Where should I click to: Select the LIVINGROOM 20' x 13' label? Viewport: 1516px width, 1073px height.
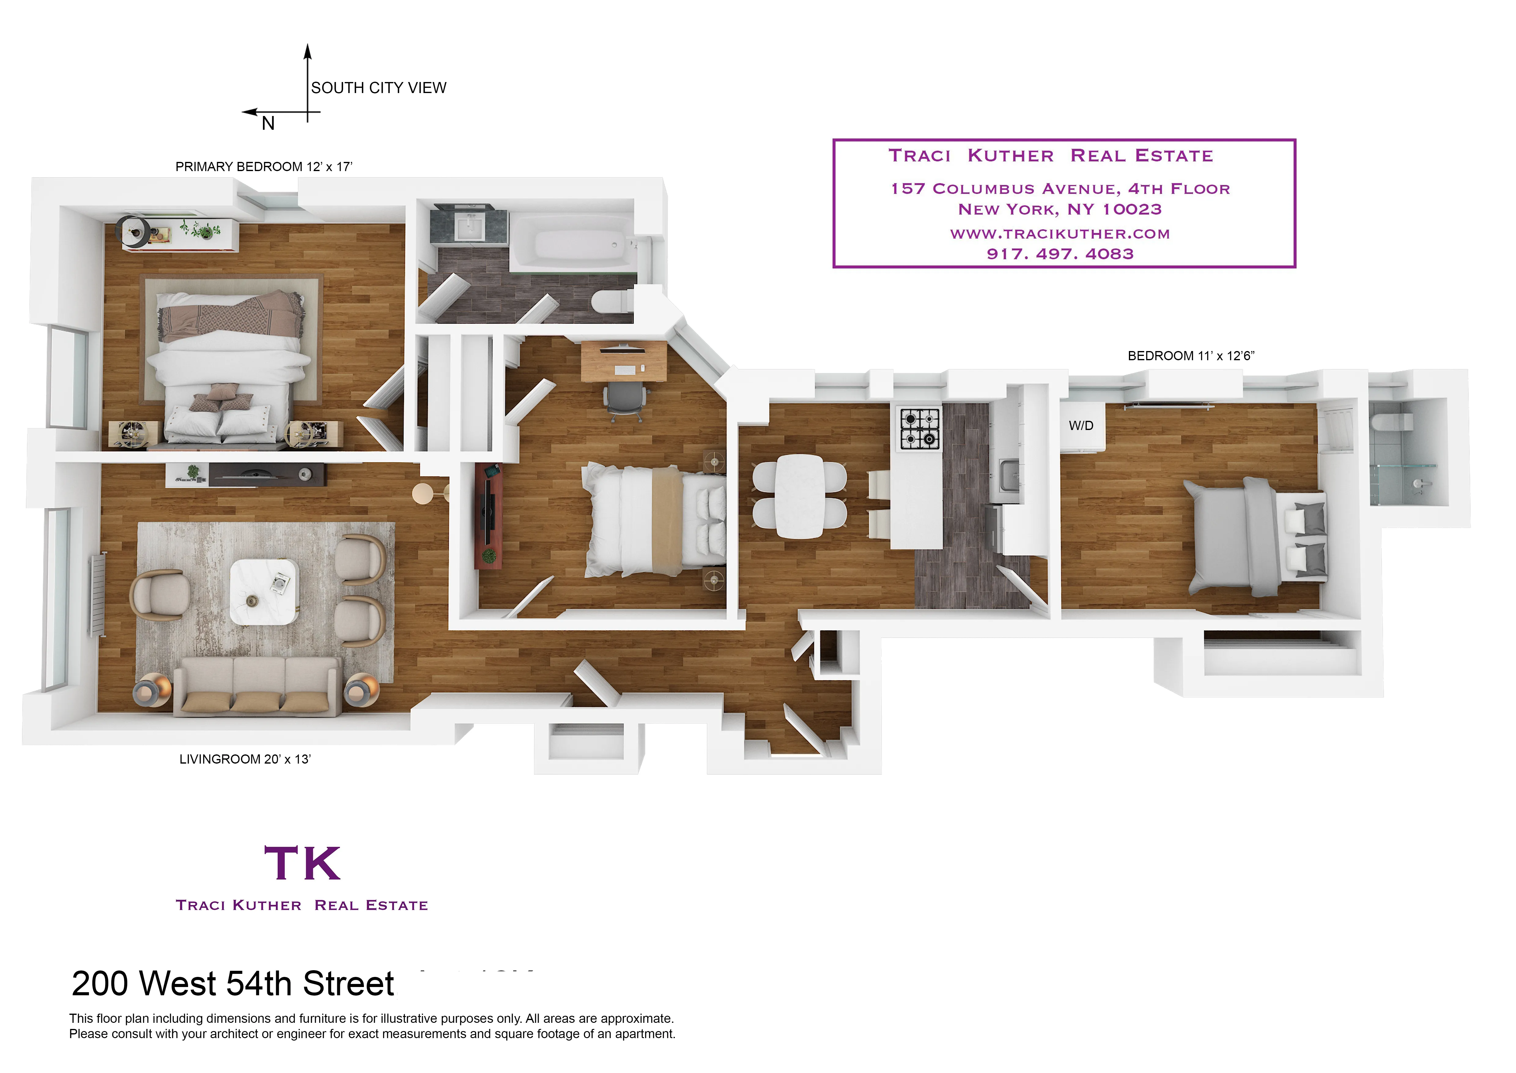(x=245, y=759)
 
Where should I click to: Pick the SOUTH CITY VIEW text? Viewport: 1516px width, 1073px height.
(x=378, y=88)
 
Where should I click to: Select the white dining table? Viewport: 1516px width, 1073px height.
(x=800, y=495)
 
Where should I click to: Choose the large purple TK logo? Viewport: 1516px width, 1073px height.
(x=302, y=863)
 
